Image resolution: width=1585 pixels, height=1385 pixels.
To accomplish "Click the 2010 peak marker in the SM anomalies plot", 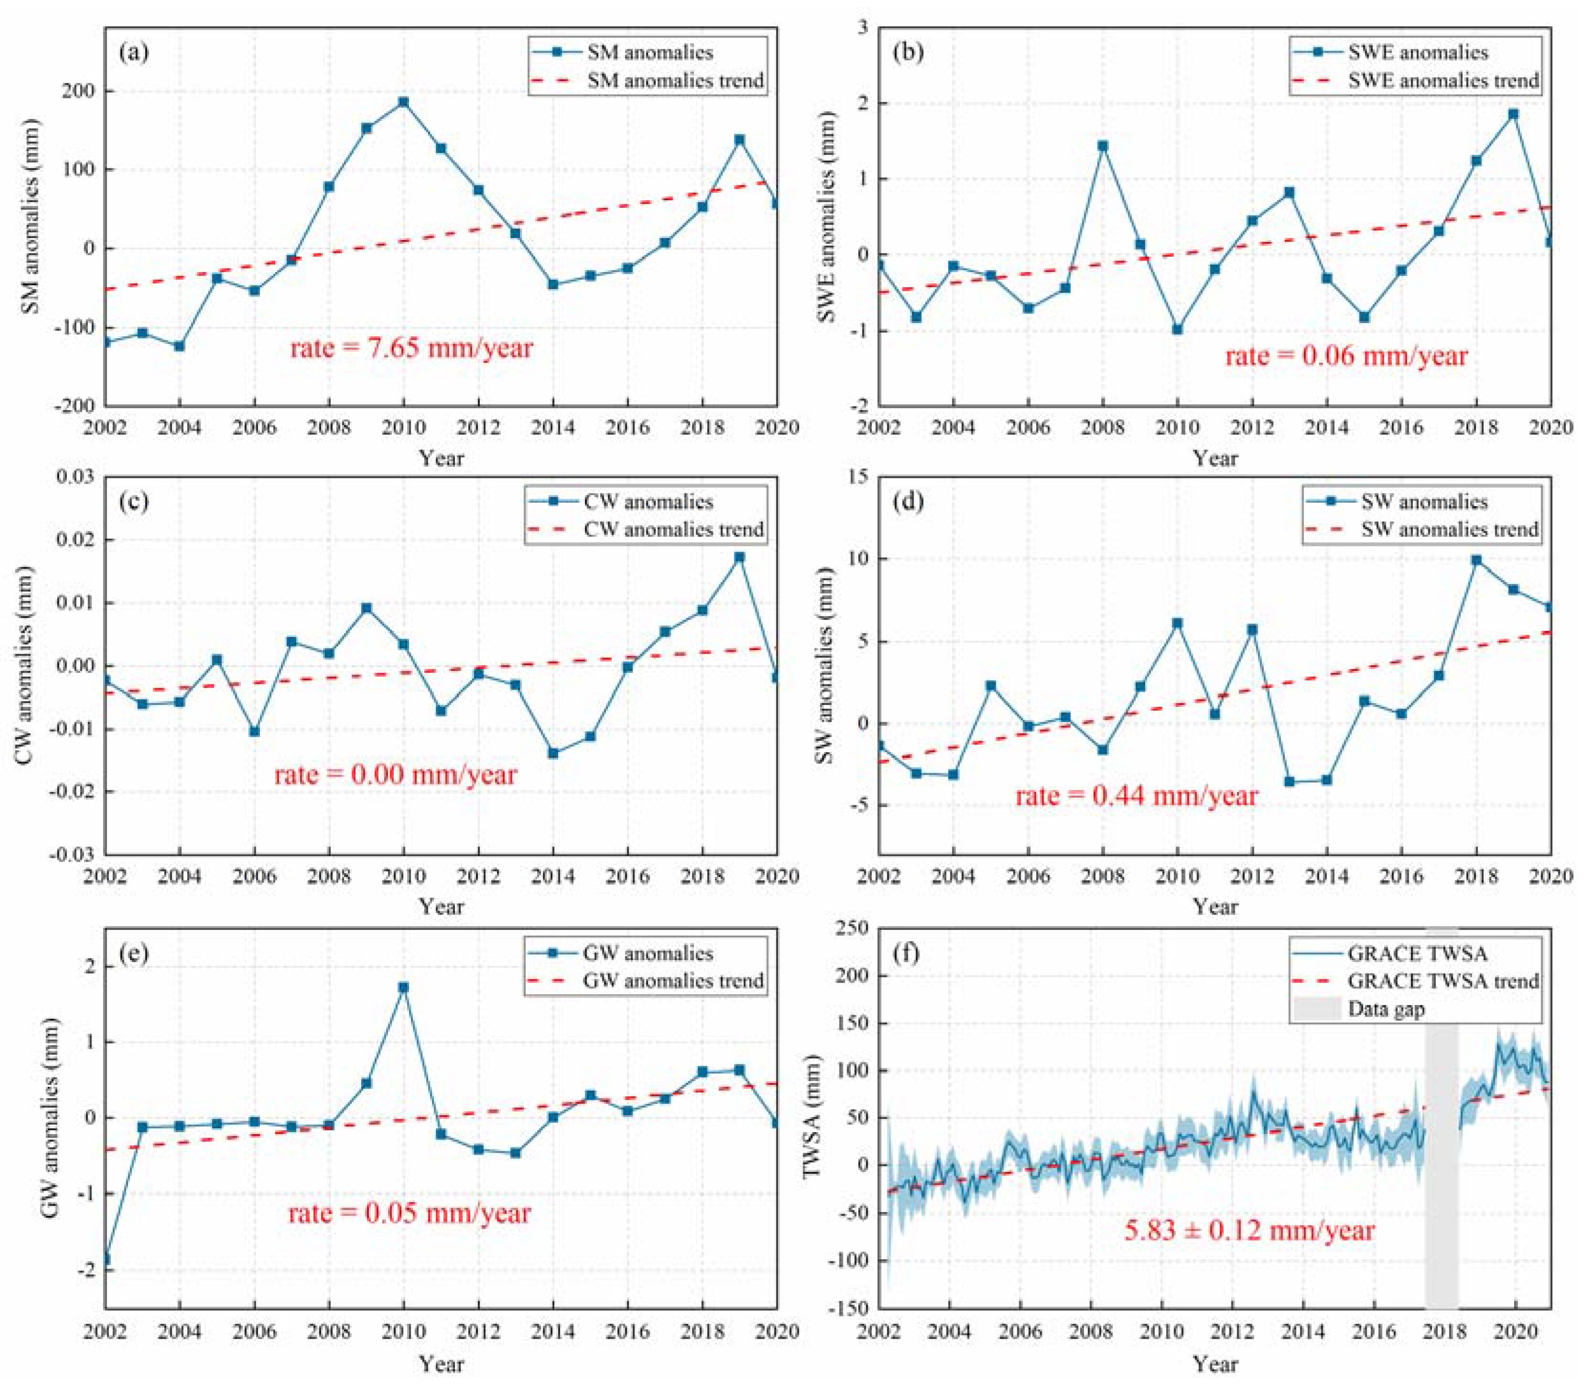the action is tap(403, 102).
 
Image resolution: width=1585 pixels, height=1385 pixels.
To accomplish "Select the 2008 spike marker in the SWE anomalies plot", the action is tap(1103, 145).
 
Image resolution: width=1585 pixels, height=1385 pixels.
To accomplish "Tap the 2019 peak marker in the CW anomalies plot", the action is tap(740, 556).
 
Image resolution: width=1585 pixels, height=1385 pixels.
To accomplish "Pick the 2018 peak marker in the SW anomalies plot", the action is tap(1476, 560).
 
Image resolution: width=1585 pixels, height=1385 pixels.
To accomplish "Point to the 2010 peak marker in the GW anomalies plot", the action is tap(403, 988).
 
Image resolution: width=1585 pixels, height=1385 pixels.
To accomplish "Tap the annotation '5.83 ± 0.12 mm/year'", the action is tap(1249, 1231).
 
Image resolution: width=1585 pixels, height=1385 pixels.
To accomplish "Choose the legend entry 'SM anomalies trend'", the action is tap(647, 80).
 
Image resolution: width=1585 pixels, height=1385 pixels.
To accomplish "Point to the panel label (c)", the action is tap(134, 502).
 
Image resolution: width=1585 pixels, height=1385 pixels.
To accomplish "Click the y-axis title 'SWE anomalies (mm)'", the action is tap(826, 216).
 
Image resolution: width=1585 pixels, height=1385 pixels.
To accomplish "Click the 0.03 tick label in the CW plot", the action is tap(75, 477).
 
